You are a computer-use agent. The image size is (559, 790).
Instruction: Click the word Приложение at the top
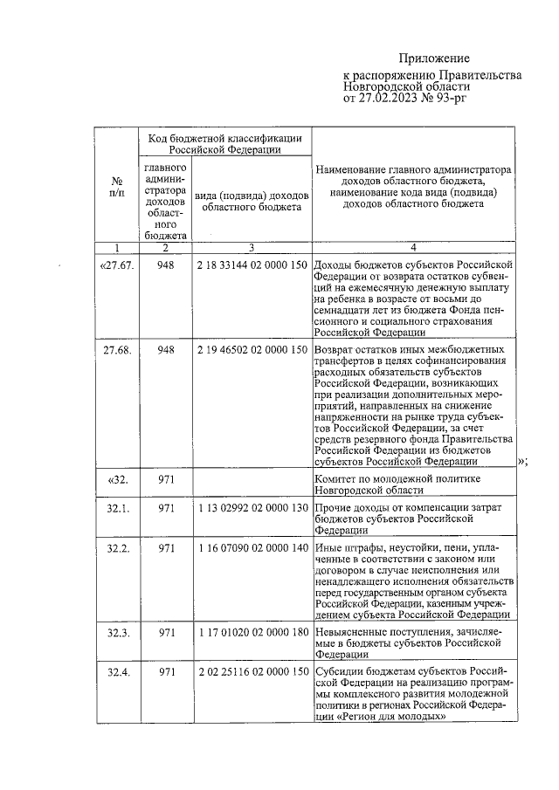(435, 58)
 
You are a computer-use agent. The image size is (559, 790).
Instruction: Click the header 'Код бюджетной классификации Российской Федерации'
(224, 143)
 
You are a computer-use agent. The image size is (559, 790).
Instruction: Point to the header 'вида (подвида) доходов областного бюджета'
(251, 201)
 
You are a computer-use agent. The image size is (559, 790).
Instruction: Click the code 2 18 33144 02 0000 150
(251, 264)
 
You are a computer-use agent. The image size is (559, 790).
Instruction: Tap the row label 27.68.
(117, 350)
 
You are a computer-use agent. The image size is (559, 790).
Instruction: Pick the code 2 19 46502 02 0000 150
(251, 350)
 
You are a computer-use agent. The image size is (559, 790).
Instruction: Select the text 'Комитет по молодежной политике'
(396, 479)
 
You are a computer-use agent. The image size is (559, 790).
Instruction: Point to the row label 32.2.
(117, 548)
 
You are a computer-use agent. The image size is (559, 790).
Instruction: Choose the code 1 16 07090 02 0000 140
(251, 548)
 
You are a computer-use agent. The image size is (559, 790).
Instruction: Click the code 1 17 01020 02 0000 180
(251, 631)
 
